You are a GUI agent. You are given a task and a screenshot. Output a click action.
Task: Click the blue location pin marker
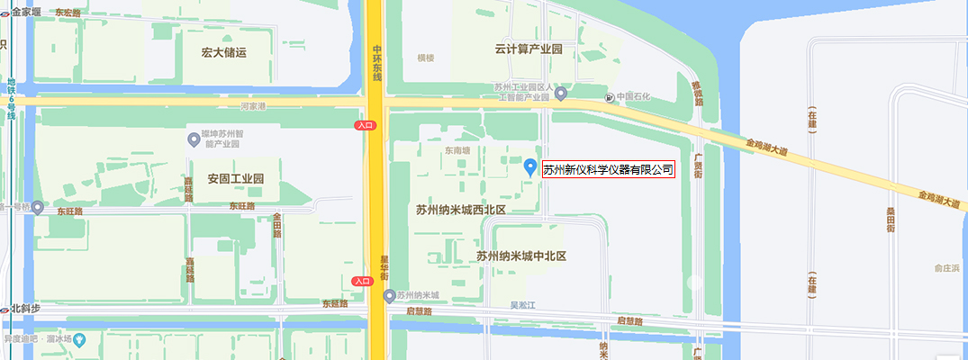click(530, 167)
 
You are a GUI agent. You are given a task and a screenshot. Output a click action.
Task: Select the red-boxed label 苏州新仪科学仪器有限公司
click(609, 170)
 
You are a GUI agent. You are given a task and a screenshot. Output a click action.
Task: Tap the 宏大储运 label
click(224, 52)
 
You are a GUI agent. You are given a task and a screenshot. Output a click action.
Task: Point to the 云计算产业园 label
click(529, 49)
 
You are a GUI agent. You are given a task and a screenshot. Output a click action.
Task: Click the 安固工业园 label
click(235, 178)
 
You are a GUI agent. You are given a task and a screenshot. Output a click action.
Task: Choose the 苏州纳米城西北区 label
click(461, 210)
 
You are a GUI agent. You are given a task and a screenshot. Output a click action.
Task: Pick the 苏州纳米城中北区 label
click(521, 256)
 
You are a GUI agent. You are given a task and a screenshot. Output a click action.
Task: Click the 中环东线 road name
click(377, 62)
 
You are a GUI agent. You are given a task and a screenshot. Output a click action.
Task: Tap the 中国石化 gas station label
click(633, 96)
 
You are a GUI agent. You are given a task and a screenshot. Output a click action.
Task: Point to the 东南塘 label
click(456, 151)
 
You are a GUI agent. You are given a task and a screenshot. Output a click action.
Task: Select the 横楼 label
click(425, 58)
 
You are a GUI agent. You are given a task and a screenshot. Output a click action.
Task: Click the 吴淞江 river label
click(523, 306)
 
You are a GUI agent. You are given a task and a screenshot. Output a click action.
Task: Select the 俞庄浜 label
click(946, 268)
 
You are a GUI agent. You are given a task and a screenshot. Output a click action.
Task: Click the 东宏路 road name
click(68, 13)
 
